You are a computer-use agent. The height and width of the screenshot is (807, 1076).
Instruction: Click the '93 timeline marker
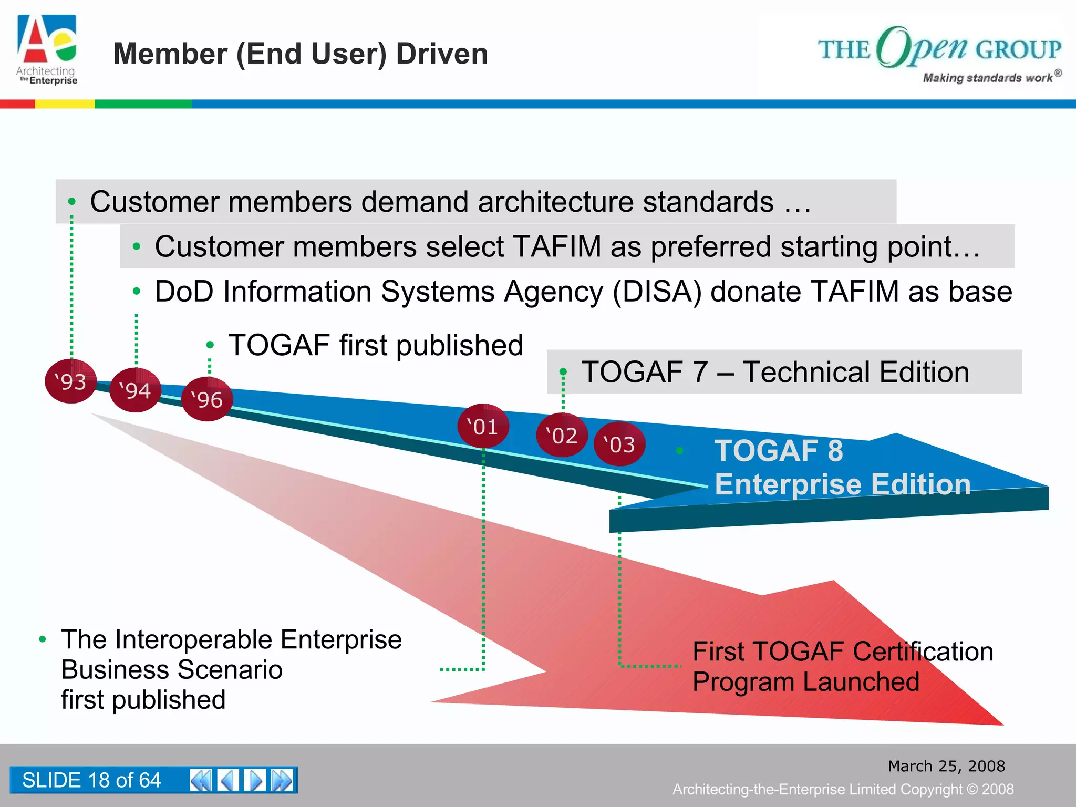[x=71, y=381]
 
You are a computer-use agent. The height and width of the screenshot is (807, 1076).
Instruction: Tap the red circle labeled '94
[x=135, y=390]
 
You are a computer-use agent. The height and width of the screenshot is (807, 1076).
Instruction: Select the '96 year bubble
[x=206, y=399]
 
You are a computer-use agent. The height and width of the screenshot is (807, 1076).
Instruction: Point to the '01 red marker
[x=483, y=426]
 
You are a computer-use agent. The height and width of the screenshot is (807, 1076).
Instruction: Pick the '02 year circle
[x=562, y=435]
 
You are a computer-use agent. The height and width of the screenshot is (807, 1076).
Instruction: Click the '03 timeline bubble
[x=619, y=444]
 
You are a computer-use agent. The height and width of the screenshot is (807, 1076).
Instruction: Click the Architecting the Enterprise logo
[x=47, y=50]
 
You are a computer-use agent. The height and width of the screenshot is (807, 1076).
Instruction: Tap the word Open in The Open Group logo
[x=922, y=47]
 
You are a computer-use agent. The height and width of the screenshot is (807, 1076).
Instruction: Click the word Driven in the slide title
[x=442, y=54]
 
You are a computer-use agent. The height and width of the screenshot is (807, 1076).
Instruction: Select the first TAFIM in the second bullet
[x=557, y=246]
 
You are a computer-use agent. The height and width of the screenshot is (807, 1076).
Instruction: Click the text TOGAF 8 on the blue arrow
[x=779, y=451]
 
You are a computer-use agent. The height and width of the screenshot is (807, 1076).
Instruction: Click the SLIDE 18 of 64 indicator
[x=91, y=780]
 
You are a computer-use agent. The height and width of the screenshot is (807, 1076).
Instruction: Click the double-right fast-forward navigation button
[x=282, y=780]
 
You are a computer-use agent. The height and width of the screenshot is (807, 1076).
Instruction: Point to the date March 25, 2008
[x=946, y=766]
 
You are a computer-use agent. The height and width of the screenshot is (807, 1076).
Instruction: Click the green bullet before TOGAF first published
[x=210, y=345]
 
